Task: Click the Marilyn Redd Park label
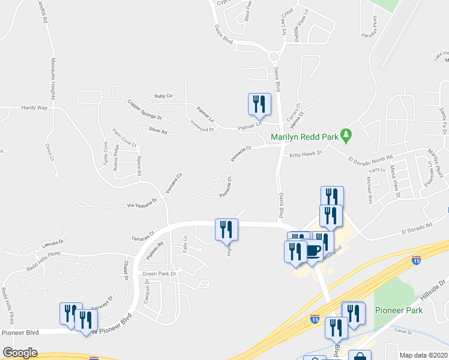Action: click(x=304, y=137)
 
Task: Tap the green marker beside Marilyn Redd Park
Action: click(x=346, y=136)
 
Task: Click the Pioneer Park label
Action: click(x=399, y=311)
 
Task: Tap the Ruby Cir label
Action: click(x=163, y=96)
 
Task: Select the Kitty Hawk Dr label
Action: click(x=306, y=154)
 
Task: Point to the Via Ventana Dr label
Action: click(x=142, y=204)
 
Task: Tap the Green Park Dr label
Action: click(x=158, y=274)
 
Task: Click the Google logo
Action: click(x=20, y=353)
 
